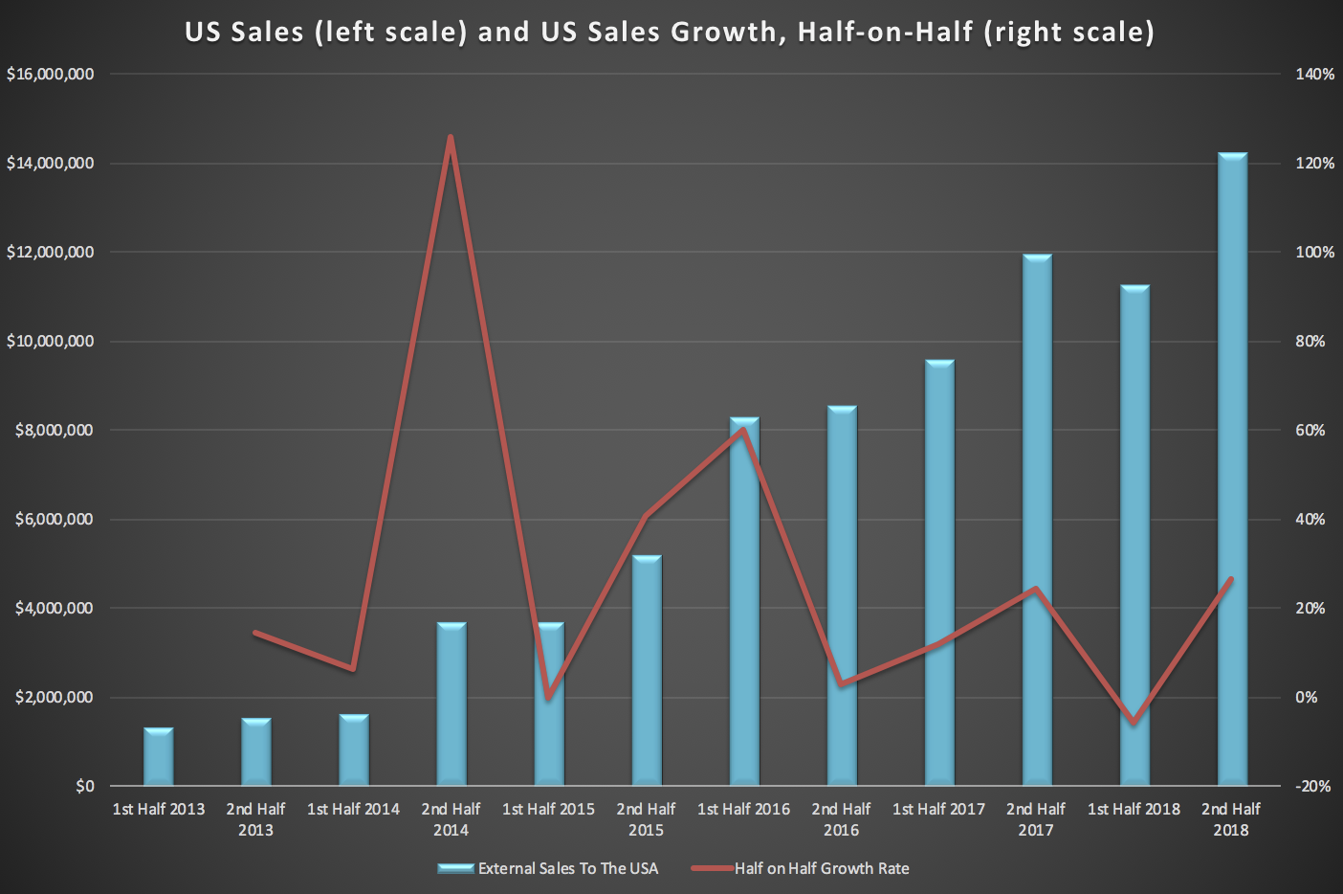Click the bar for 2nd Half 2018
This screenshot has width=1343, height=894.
point(1231,469)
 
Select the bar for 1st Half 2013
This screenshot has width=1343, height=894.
point(159,757)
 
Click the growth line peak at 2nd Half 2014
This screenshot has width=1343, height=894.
point(451,138)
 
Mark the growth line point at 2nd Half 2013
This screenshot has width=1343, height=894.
point(255,633)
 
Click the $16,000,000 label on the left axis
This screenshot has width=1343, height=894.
point(50,75)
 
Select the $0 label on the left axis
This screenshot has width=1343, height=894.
point(85,786)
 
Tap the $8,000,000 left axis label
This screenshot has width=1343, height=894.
point(55,431)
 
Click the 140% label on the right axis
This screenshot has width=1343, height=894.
point(1314,75)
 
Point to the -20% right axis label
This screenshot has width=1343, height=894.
point(1312,786)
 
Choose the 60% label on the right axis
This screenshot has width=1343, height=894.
point(1310,431)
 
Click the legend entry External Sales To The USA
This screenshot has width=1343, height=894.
point(567,868)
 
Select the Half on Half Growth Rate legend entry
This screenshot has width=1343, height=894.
point(821,868)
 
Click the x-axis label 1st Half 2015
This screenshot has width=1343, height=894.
point(548,810)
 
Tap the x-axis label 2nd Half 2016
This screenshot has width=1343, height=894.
point(841,819)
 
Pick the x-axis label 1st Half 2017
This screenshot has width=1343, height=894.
point(938,810)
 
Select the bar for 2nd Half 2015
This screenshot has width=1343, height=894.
point(646,670)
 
